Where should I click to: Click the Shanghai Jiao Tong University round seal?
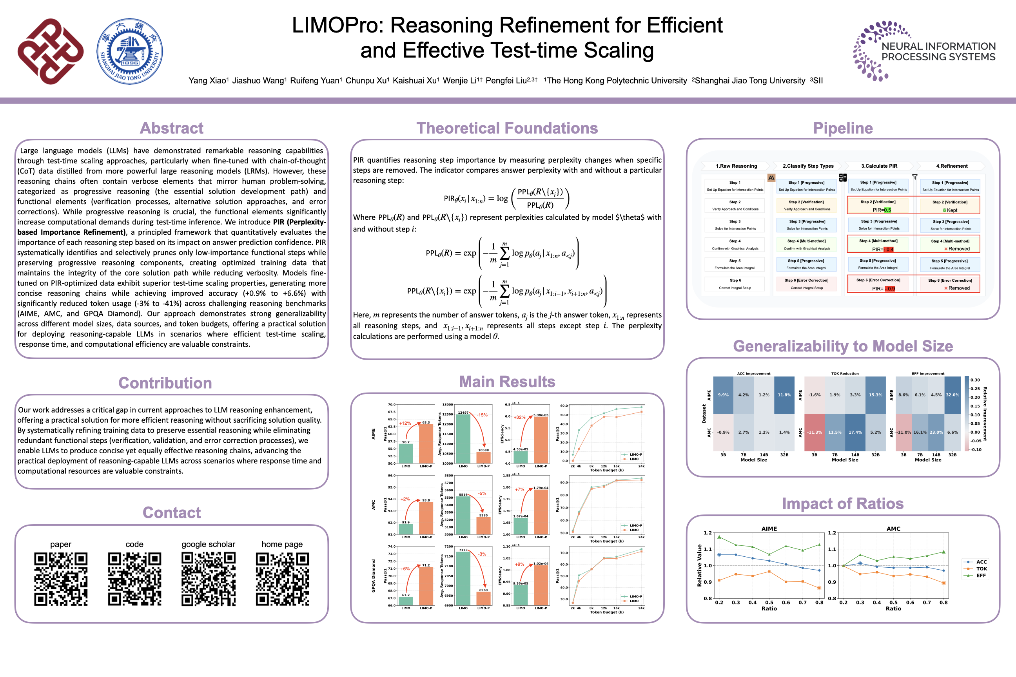[130, 51]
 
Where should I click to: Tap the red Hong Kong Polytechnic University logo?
[51, 51]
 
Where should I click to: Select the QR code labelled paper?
[61, 579]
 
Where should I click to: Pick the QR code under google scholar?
[208, 579]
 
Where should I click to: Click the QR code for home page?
[282, 579]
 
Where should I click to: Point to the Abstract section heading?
[172, 128]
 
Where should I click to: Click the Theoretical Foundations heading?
[507, 128]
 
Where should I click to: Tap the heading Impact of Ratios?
[842, 503]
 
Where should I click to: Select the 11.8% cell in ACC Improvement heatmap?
[784, 395]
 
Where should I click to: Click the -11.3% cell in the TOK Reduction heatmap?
[814, 432]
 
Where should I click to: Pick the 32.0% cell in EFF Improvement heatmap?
[952, 395]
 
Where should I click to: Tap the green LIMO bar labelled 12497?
[463, 438]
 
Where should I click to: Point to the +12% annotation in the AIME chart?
[405, 423]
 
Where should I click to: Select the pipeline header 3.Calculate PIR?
[879, 166]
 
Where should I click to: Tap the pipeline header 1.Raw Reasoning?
[736, 166]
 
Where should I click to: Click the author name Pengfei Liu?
[510, 81]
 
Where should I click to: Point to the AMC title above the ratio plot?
[893, 529]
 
